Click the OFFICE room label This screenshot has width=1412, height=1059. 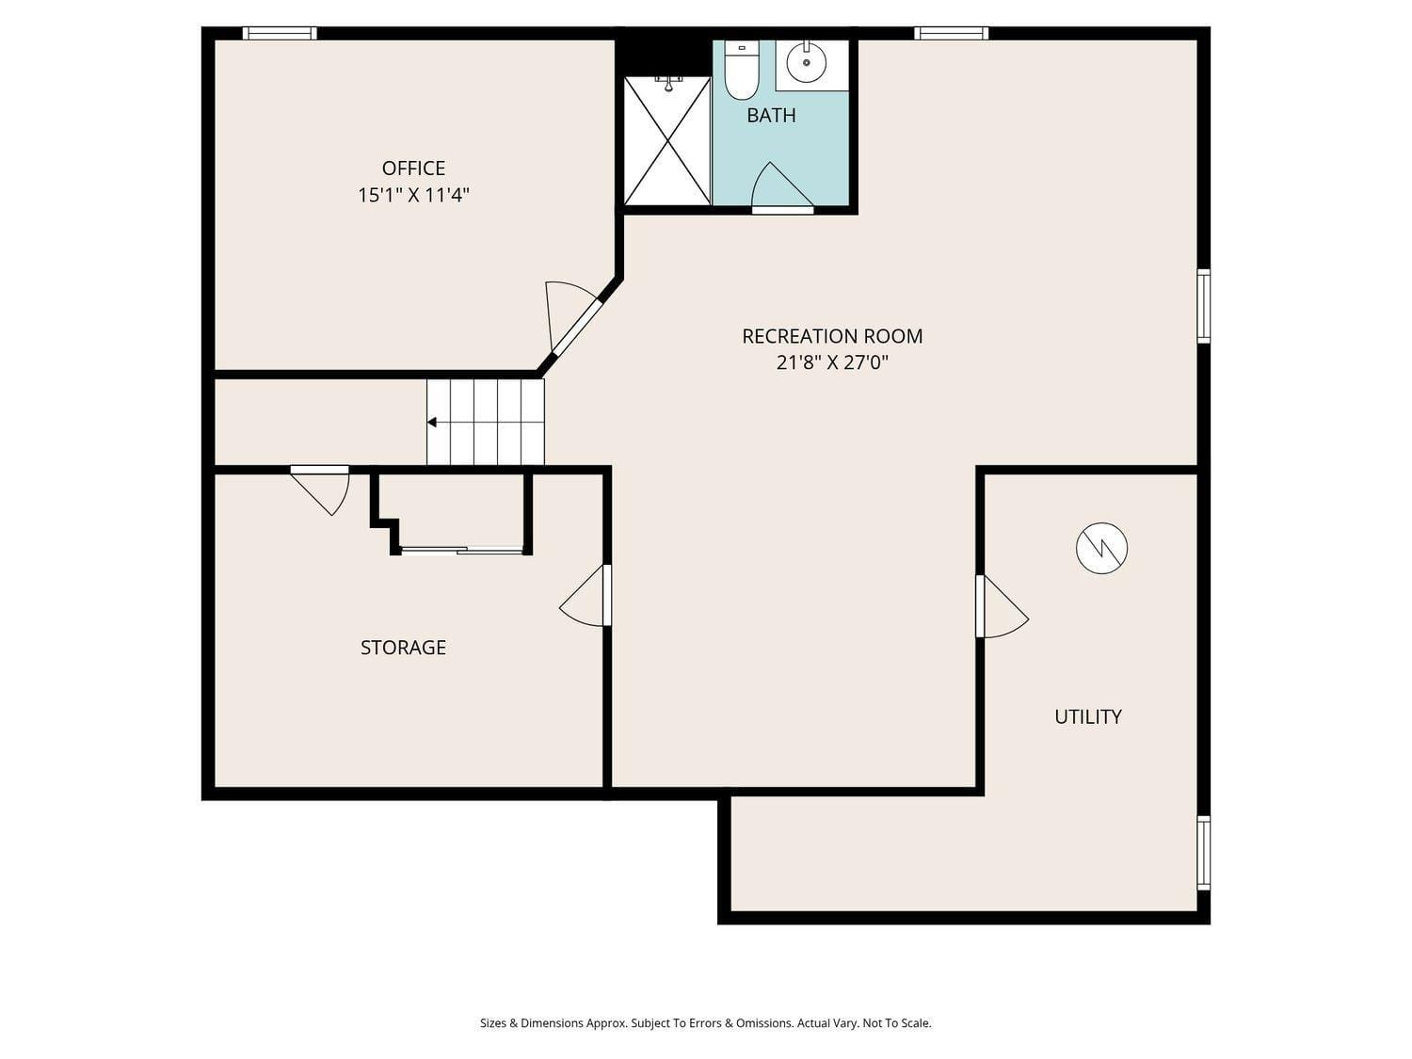click(x=413, y=168)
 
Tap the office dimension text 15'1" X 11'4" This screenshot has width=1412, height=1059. click(x=413, y=196)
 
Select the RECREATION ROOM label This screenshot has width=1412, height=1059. click(x=832, y=336)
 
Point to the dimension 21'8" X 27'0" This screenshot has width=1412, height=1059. click(x=832, y=362)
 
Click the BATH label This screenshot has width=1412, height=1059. click(x=771, y=115)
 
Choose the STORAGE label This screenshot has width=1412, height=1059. click(x=403, y=648)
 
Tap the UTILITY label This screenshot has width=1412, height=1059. click(x=1087, y=716)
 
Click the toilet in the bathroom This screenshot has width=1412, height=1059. click(x=741, y=73)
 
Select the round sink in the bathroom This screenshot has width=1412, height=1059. click(x=806, y=63)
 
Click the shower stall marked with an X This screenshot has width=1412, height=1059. click(x=667, y=141)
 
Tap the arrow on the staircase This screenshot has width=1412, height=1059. click(x=432, y=423)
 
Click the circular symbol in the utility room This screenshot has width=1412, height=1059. click(x=1101, y=548)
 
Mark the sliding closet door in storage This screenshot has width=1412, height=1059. click(x=461, y=550)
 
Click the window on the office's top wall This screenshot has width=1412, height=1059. click(x=280, y=33)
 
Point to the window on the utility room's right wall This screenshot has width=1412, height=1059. click(x=1203, y=852)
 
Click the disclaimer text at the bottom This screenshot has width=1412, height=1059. click(x=705, y=1023)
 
